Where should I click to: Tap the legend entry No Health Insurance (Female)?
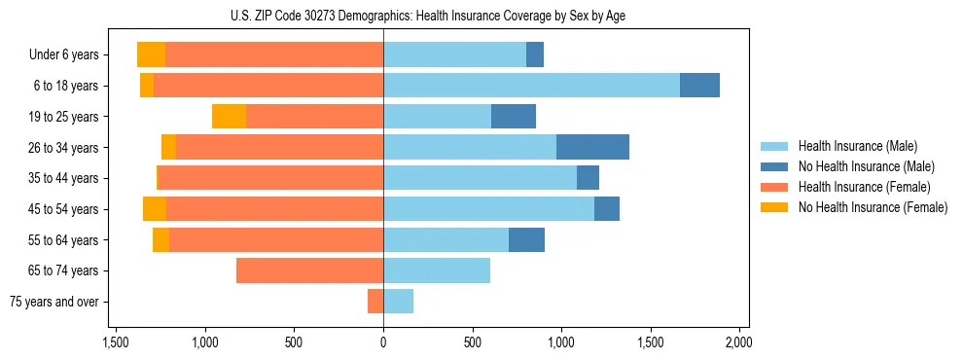coord(873,207)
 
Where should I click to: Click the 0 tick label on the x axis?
coord(383,342)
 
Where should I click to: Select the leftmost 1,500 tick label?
coord(116,342)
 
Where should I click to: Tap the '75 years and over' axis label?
coord(53,302)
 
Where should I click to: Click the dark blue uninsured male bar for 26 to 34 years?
coord(592,147)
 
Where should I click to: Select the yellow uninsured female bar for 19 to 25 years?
coord(229,117)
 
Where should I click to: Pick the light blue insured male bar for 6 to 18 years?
coord(531,86)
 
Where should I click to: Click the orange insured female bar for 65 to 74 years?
coord(309,270)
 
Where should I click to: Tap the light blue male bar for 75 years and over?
coord(398,302)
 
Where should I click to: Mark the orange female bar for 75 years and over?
coord(375,302)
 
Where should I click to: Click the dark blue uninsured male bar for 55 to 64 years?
coord(526,239)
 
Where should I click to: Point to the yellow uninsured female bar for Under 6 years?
coord(151,54)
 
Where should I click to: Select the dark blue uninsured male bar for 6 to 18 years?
coord(699,86)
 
